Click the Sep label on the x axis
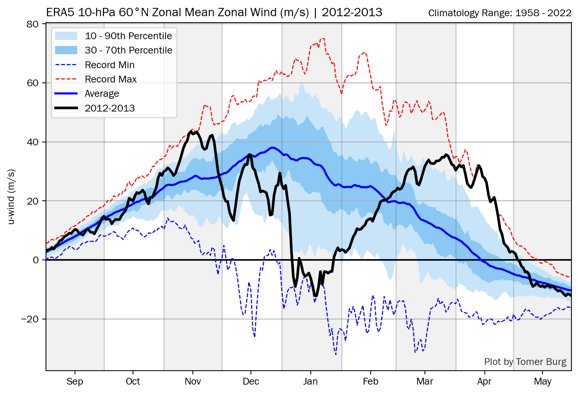[75, 382]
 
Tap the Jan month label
[310, 382]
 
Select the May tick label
[542, 382]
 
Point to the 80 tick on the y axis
[33, 24]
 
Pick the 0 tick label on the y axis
[36, 260]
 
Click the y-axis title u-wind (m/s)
[12, 197]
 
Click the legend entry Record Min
[109, 65]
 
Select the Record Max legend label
[110, 79]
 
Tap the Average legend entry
[102, 93]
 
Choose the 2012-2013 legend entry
[110, 108]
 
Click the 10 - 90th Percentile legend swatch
[66, 36]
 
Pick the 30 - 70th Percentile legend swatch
[66, 50]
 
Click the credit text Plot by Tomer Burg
[525, 362]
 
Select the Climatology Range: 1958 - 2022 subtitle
[500, 13]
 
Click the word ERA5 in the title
[60, 12]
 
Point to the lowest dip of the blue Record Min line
[336, 354]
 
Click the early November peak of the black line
[190, 131]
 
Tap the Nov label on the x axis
[192, 382]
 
